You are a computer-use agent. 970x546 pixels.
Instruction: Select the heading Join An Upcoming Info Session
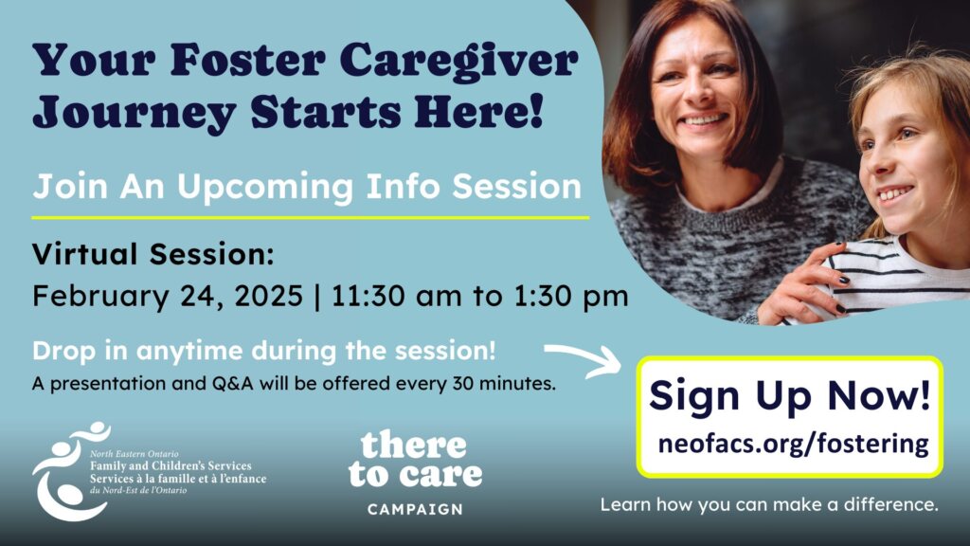(308, 187)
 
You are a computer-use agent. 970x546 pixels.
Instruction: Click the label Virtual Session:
(153, 254)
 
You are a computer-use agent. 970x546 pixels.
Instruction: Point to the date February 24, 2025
(168, 296)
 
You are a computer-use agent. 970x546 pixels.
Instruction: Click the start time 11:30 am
(397, 296)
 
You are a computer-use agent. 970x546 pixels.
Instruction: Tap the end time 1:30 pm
(571, 297)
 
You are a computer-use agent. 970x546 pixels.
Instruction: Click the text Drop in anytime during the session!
(264, 351)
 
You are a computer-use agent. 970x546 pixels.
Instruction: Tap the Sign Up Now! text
(789, 396)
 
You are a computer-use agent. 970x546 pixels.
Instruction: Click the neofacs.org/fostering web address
(793, 444)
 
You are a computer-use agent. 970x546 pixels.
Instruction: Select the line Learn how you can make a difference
(769, 504)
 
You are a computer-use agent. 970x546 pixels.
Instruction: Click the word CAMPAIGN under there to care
(415, 509)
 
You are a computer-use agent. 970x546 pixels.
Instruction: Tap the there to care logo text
(415, 460)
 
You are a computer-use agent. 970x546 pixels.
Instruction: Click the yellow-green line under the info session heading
(311, 218)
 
